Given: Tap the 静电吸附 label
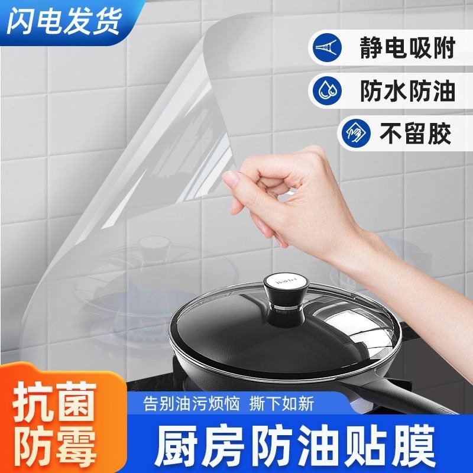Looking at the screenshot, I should click(407, 48).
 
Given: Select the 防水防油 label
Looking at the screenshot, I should click(407, 91).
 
